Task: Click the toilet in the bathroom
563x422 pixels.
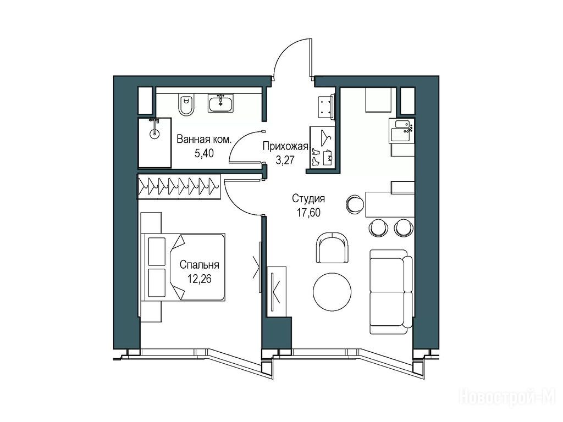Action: pyautogui.click(x=186, y=104)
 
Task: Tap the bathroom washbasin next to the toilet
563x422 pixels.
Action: pyautogui.click(x=220, y=103)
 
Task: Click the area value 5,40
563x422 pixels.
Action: pyautogui.click(x=204, y=153)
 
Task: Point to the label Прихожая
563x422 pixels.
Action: pyautogui.click(x=285, y=146)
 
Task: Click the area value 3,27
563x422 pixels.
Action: pyautogui.click(x=285, y=159)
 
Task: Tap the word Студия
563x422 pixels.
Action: pyautogui.click(x=308, y=198)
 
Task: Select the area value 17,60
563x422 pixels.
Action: pyautogui.click(x=308, y=213)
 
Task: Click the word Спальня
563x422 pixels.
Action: pyautogui.click(x=199, y=265)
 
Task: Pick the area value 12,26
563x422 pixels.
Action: pyautogui.click(x=199, y=279)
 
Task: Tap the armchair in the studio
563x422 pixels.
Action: pyautogui.click(x=333, y=247)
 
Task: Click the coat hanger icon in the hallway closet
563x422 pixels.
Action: pyautogui.click(x=325, y=138)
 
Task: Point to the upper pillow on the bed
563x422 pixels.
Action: pyautogui.click(x=157, y=251)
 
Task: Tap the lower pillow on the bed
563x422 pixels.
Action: pyautogui.click(x=157, y=283)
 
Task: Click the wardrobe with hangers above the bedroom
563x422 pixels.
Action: pyautogui.click(x=179, y=186)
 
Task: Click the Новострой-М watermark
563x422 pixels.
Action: pyautogui.click(x=509, y=397)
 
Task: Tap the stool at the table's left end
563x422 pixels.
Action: pyautogui.click(x=356, y=204)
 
